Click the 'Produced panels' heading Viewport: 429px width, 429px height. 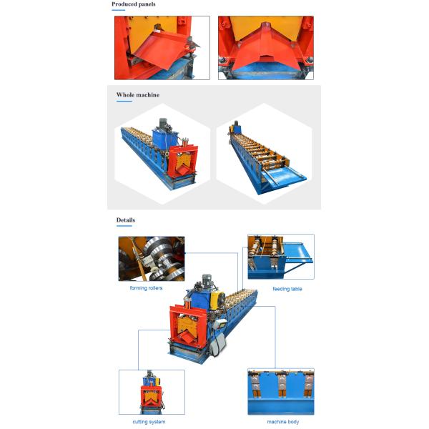[x=134, y=4]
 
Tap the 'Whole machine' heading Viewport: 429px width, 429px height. [x=138, y=95]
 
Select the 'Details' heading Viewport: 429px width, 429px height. [x=126, y=220]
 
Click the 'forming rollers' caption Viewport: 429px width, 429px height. [x=146, y=288]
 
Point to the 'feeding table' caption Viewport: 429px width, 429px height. [x=287, y=289]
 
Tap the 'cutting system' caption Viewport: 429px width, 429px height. [x=149, y=422]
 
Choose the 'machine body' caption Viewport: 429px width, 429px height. [x=283, y=422]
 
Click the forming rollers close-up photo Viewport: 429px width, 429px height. [x=152, y=259]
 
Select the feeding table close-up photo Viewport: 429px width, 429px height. [x=281, y=257]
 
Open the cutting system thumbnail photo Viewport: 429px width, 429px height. [x=152, y=392]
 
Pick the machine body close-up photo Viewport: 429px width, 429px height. [x=281, y=392]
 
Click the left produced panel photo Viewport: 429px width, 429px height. [x=162, y=48]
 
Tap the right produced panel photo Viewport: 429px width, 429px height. [x=266, y=48]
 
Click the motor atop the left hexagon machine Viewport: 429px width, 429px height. [x=163, y=124]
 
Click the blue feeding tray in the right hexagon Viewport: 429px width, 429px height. [x=285, y=175]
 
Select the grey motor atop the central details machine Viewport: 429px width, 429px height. [x=207, y=280]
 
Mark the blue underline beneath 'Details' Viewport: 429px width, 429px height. [x=124, y=226]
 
